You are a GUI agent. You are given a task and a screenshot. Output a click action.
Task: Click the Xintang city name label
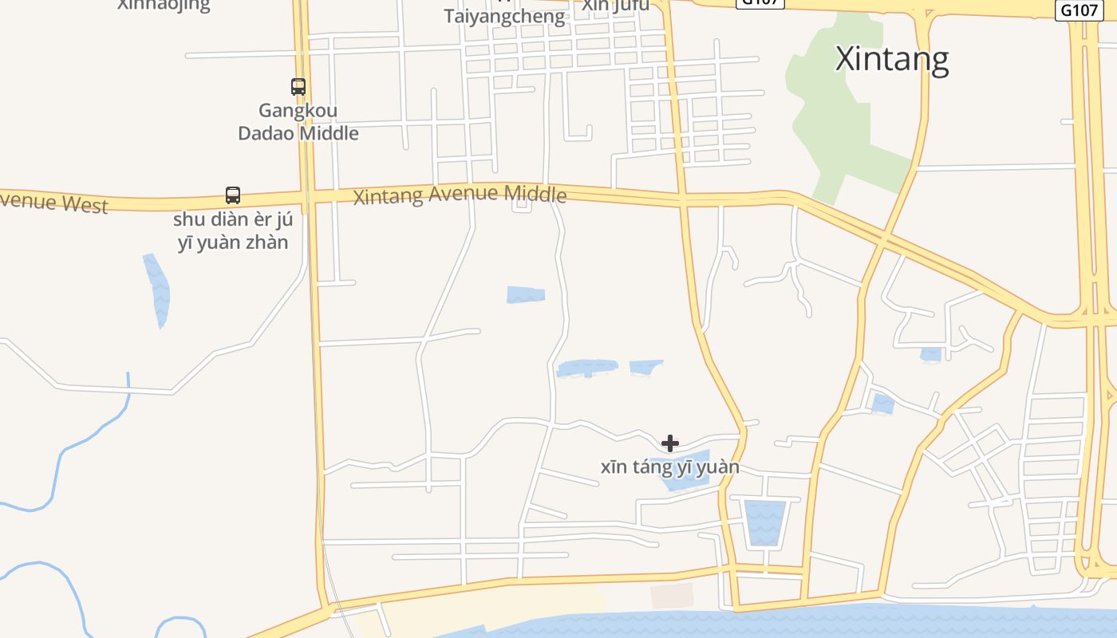click(x=892, y=59)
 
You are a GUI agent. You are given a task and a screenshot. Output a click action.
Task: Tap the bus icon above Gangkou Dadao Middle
click(x=298, y=87)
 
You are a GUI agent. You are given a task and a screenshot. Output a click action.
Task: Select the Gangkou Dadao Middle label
click(x=298, y=122)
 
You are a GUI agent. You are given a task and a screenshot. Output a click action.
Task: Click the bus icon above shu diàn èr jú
click(x=232, y=195)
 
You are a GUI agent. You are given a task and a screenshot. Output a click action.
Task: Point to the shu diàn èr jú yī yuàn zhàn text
click(x=232, y=231)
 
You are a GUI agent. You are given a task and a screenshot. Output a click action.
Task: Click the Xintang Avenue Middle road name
click(x=460, y=195)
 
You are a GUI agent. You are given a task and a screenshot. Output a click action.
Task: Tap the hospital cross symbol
click(x=670, y=443)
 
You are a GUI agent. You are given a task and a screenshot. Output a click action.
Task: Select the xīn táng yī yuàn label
click(x=670, y=467)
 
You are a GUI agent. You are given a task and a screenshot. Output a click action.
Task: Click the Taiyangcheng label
click(x=504, y=16)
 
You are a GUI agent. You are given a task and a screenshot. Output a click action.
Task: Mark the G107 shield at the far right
click(x=1078, y=10)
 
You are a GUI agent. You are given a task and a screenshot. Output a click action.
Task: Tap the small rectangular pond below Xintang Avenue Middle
click(x=526, y=295)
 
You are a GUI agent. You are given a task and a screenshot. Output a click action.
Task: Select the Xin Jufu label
click(x=615, y=5)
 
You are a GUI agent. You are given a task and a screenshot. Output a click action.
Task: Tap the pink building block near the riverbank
click(x=671, y=596)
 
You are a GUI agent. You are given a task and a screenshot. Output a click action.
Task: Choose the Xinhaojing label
click(x=164, y=5)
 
